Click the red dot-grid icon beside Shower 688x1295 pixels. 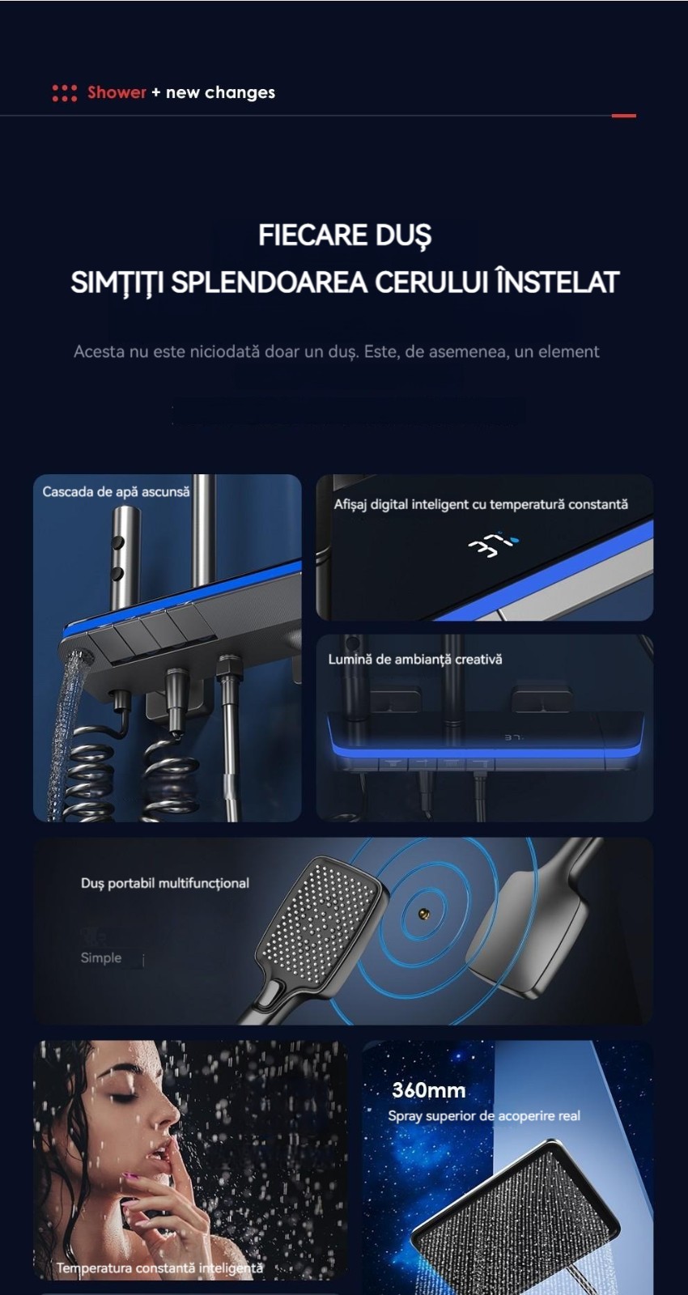point(65,93)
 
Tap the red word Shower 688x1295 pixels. point(117,92)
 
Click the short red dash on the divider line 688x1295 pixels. point(624,116)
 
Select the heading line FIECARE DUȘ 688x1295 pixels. point(345,236)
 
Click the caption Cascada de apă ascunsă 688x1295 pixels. point(116,492)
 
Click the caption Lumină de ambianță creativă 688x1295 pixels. point(415,660)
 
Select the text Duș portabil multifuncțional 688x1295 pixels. point(165,883)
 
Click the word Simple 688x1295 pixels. point(101,958)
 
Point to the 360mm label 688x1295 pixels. point(428,1091)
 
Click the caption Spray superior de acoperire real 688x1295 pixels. point(484,1116)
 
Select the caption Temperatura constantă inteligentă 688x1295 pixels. point(159,1267)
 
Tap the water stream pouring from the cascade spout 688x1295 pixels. point(65,734)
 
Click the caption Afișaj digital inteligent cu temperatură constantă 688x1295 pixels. point(481,505)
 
